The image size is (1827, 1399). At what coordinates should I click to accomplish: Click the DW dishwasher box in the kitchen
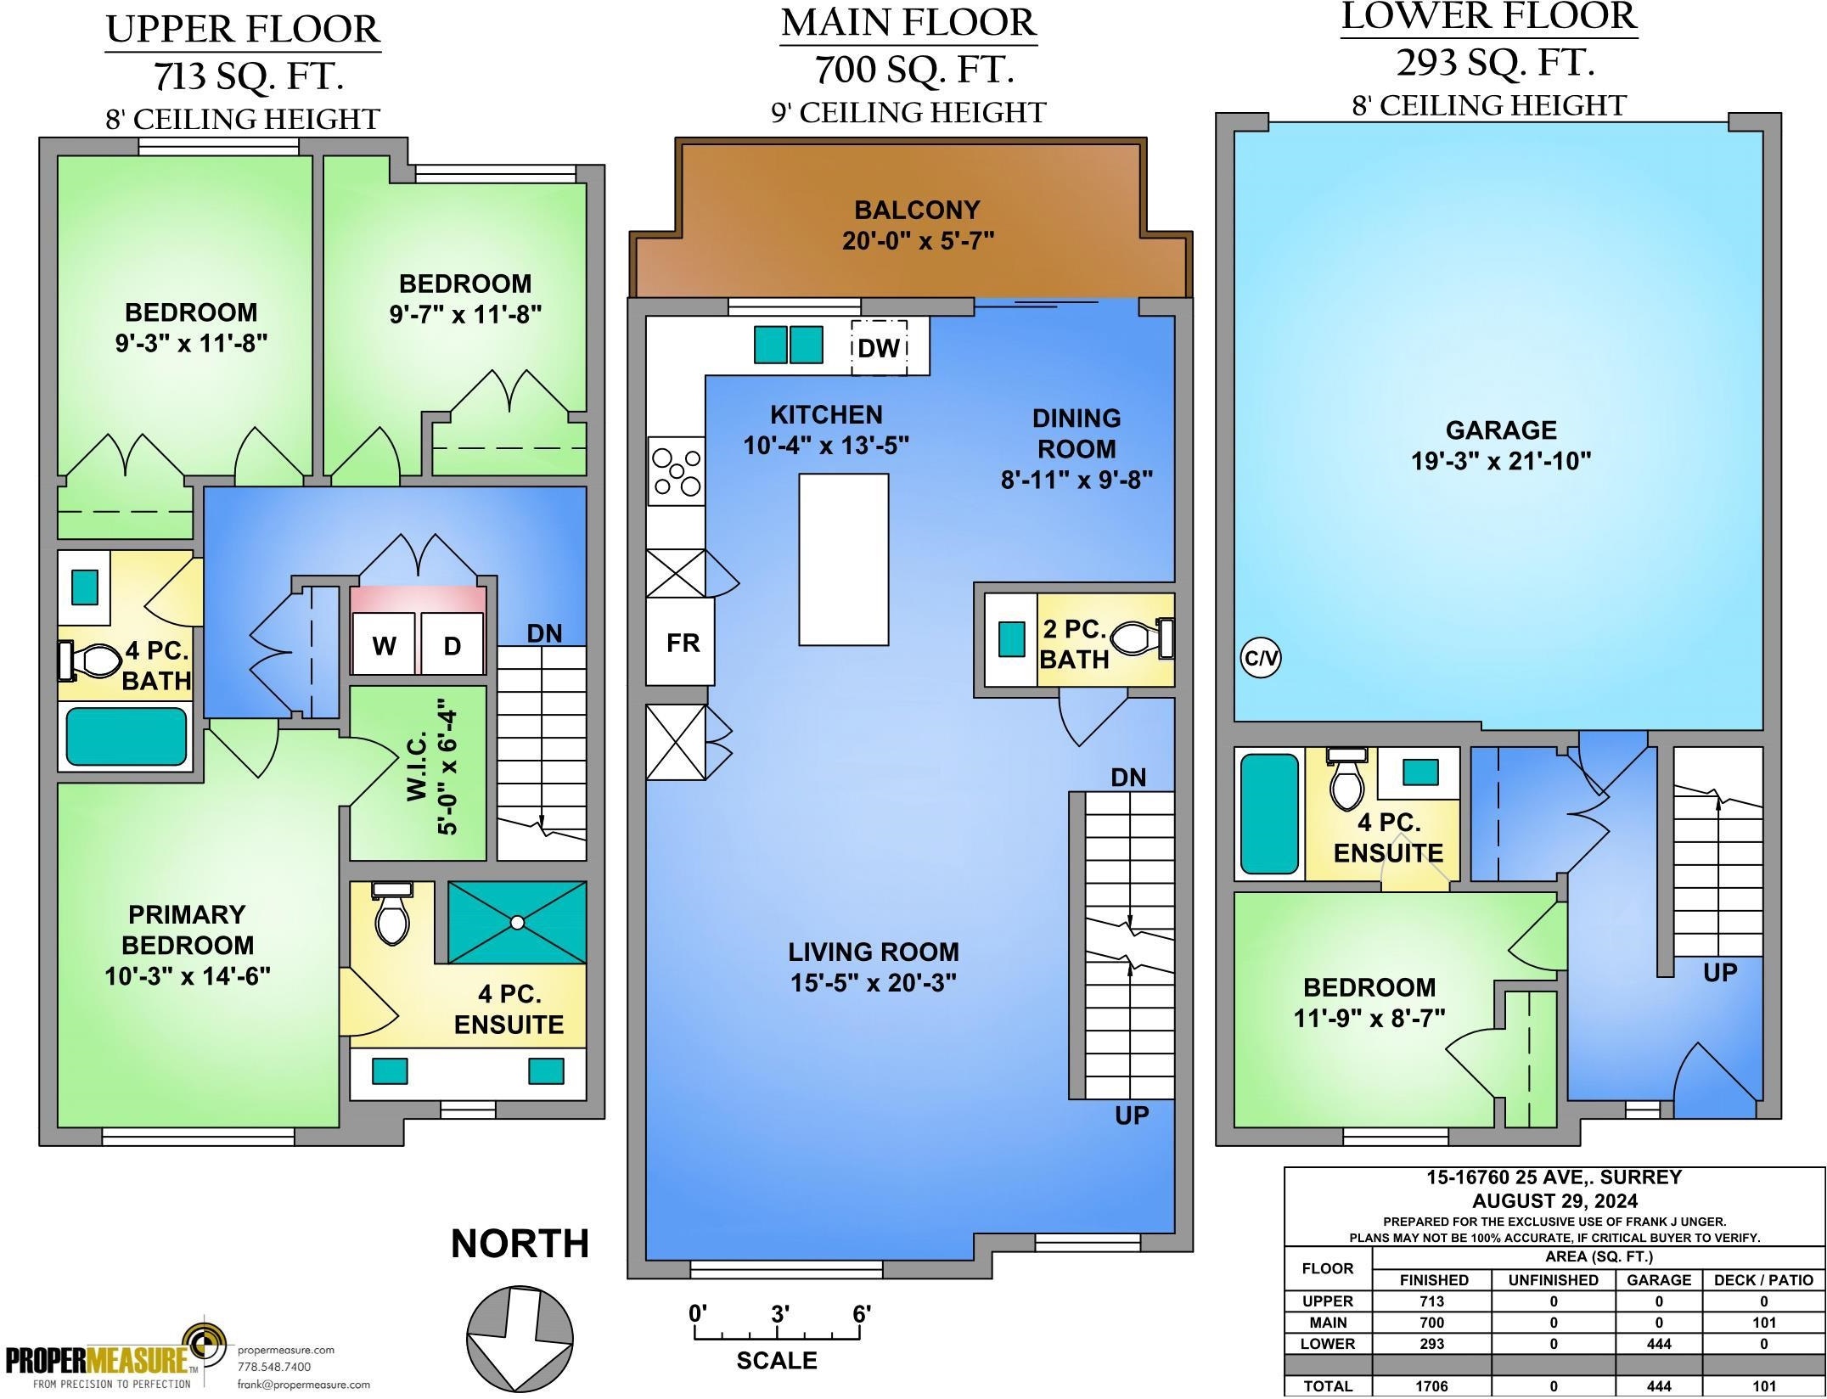(879, 346)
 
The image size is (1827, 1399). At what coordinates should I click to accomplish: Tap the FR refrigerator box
(680, 642)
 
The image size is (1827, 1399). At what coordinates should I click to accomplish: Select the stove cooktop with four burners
(676, 471)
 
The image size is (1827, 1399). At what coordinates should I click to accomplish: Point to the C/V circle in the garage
(1261, 658)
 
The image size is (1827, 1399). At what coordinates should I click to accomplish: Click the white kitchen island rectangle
(844, 559)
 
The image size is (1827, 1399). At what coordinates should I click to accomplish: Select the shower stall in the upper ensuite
(517, 922)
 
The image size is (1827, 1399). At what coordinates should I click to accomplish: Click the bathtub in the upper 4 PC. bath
(126, 736)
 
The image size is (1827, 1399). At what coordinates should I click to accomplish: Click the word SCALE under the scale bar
(777, 1361)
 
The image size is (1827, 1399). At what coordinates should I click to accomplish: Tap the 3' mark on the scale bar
(780, 1314)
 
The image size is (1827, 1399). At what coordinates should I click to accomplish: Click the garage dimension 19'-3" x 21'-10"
(1501, 461)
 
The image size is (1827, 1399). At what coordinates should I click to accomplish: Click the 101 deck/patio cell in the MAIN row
(1763, 1323)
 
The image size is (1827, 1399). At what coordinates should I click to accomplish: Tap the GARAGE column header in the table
(1659, 1280)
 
